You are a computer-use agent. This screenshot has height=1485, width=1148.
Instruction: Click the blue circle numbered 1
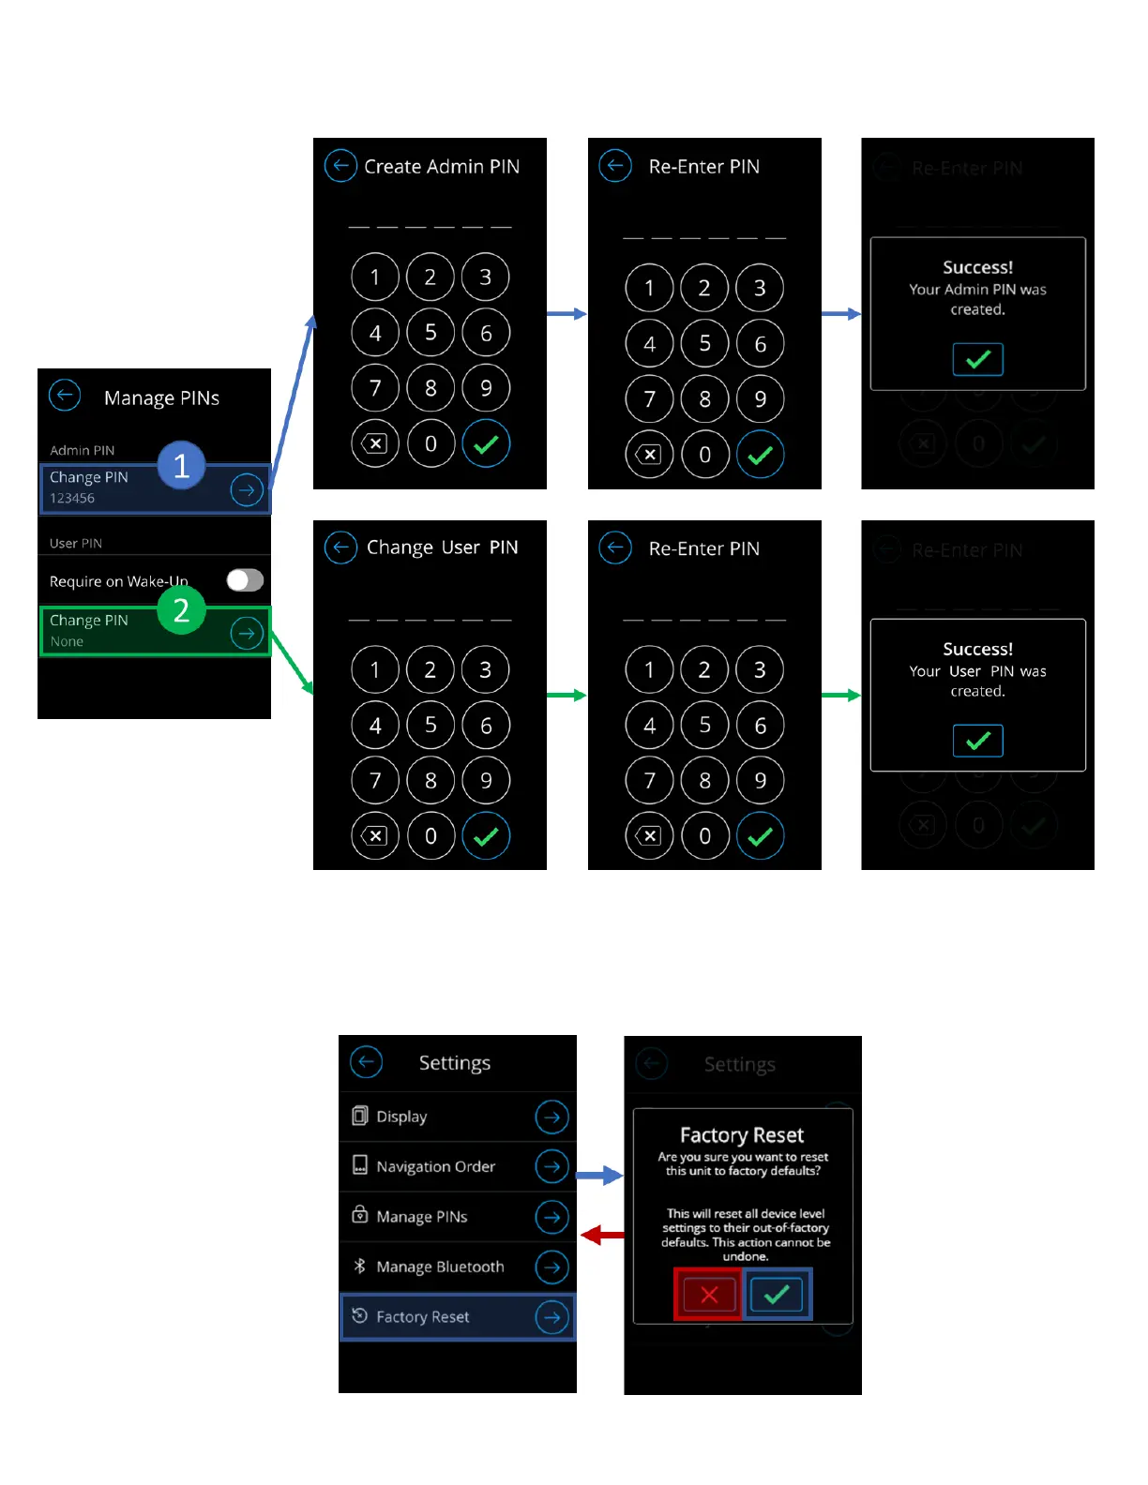[181, 465]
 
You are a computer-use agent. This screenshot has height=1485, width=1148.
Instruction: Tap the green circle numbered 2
[181, 610]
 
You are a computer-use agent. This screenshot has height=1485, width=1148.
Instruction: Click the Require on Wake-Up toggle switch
[245, 580]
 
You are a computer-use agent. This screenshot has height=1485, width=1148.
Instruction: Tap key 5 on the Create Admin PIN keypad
[430, 332]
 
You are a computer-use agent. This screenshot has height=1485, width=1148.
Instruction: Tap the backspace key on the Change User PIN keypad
[374, 835]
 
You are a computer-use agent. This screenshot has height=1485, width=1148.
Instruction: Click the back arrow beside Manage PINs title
[65, 396]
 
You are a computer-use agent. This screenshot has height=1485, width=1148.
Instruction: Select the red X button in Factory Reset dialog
[709, 1295]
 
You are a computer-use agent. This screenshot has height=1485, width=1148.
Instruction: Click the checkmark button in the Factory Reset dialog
[777, 1295]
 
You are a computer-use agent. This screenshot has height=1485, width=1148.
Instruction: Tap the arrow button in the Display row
[551, 1117]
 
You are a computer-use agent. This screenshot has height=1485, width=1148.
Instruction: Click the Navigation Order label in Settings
[435, 1166]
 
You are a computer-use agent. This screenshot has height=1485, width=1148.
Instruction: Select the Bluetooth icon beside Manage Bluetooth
[359, 1266]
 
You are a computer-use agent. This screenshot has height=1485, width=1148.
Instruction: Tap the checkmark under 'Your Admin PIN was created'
[977, 359]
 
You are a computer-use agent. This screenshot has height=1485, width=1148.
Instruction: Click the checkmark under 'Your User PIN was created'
[977, 741]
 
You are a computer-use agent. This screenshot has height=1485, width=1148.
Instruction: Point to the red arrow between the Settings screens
[602, 1236]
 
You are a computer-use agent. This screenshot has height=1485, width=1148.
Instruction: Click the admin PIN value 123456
[72, 498]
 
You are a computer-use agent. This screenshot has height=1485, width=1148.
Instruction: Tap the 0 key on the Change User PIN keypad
[430, 835]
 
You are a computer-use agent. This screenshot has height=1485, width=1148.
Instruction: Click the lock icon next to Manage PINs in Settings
[359, 1215]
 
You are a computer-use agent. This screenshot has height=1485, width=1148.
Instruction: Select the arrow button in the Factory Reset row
[551, 1317]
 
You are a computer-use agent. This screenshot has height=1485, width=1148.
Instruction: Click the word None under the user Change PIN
[67, 641]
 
